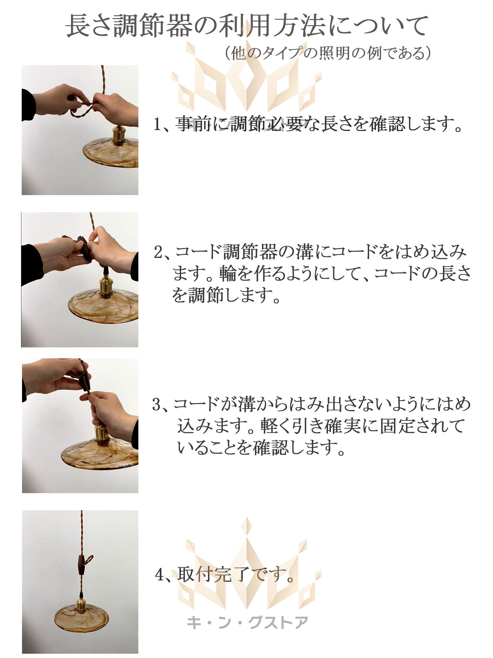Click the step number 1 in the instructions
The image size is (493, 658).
pos(158,125)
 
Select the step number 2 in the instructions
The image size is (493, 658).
pos(159,253)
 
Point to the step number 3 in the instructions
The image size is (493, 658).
pos(157,405)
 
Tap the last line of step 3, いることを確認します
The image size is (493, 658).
pos(261,447)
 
